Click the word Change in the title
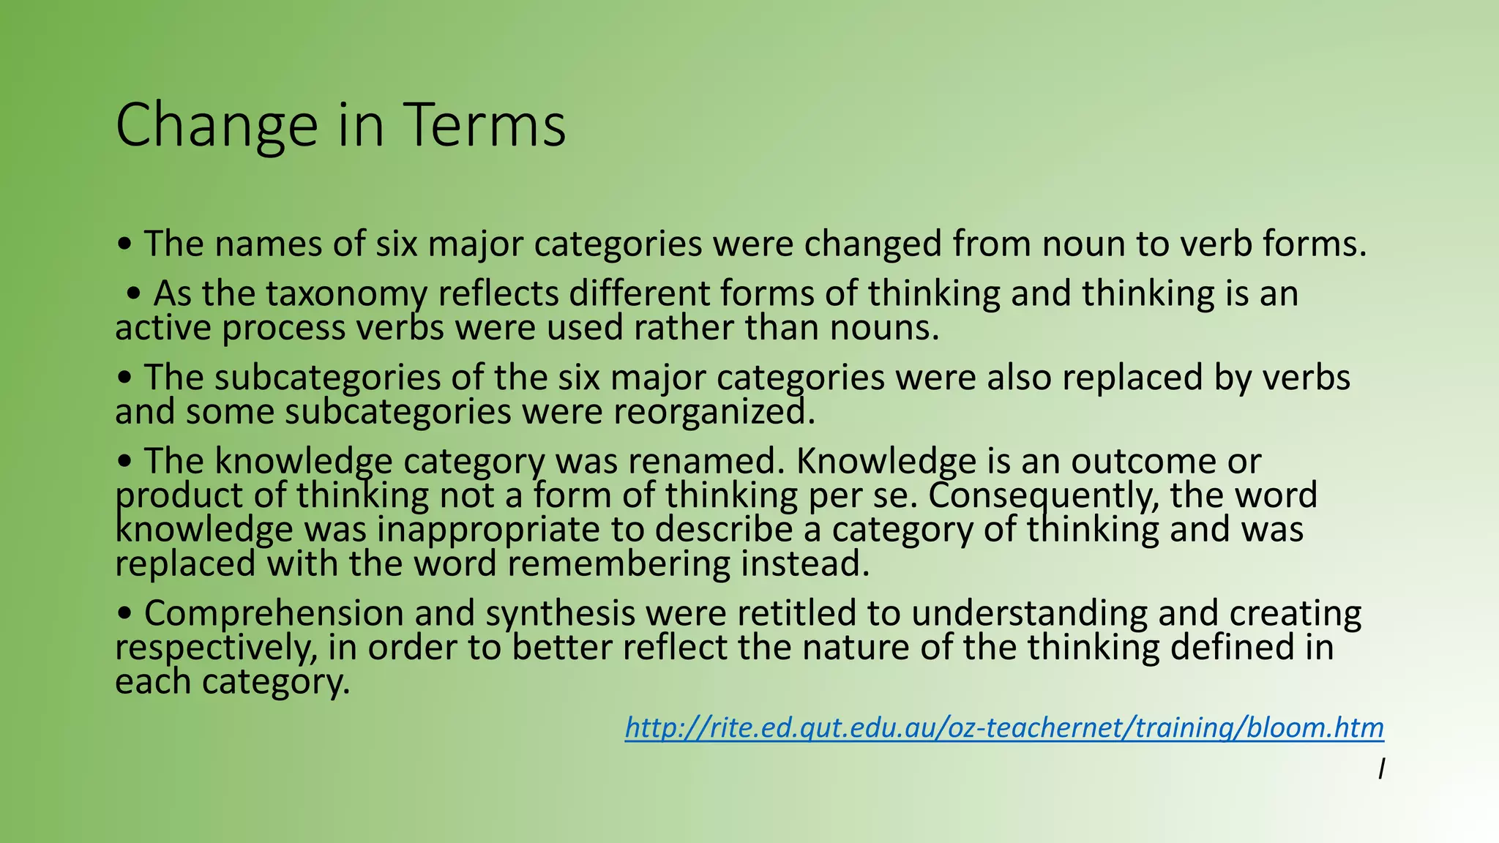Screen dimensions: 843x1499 216,126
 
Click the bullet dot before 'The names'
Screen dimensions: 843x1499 125,244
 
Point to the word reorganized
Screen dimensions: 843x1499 714,411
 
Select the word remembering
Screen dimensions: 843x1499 618,563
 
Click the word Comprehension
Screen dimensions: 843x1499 273,613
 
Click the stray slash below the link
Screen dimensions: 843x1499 1380,769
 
